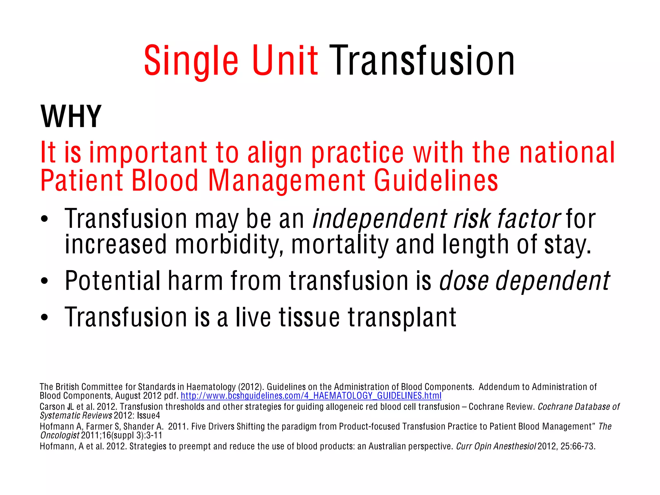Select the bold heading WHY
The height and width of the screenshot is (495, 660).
[x=71, y=116]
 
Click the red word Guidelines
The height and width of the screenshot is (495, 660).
[x=436, y=181]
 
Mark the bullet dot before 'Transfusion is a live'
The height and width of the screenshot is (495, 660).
[x=44, y=318]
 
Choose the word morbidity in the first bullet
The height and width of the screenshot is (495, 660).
[x=229, y=245]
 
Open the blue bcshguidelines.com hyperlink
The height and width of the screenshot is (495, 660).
[x=311, y=396]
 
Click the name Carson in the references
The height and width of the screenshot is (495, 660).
[x=52, y=407]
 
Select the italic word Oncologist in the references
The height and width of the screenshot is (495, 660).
[x=60, y=435]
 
